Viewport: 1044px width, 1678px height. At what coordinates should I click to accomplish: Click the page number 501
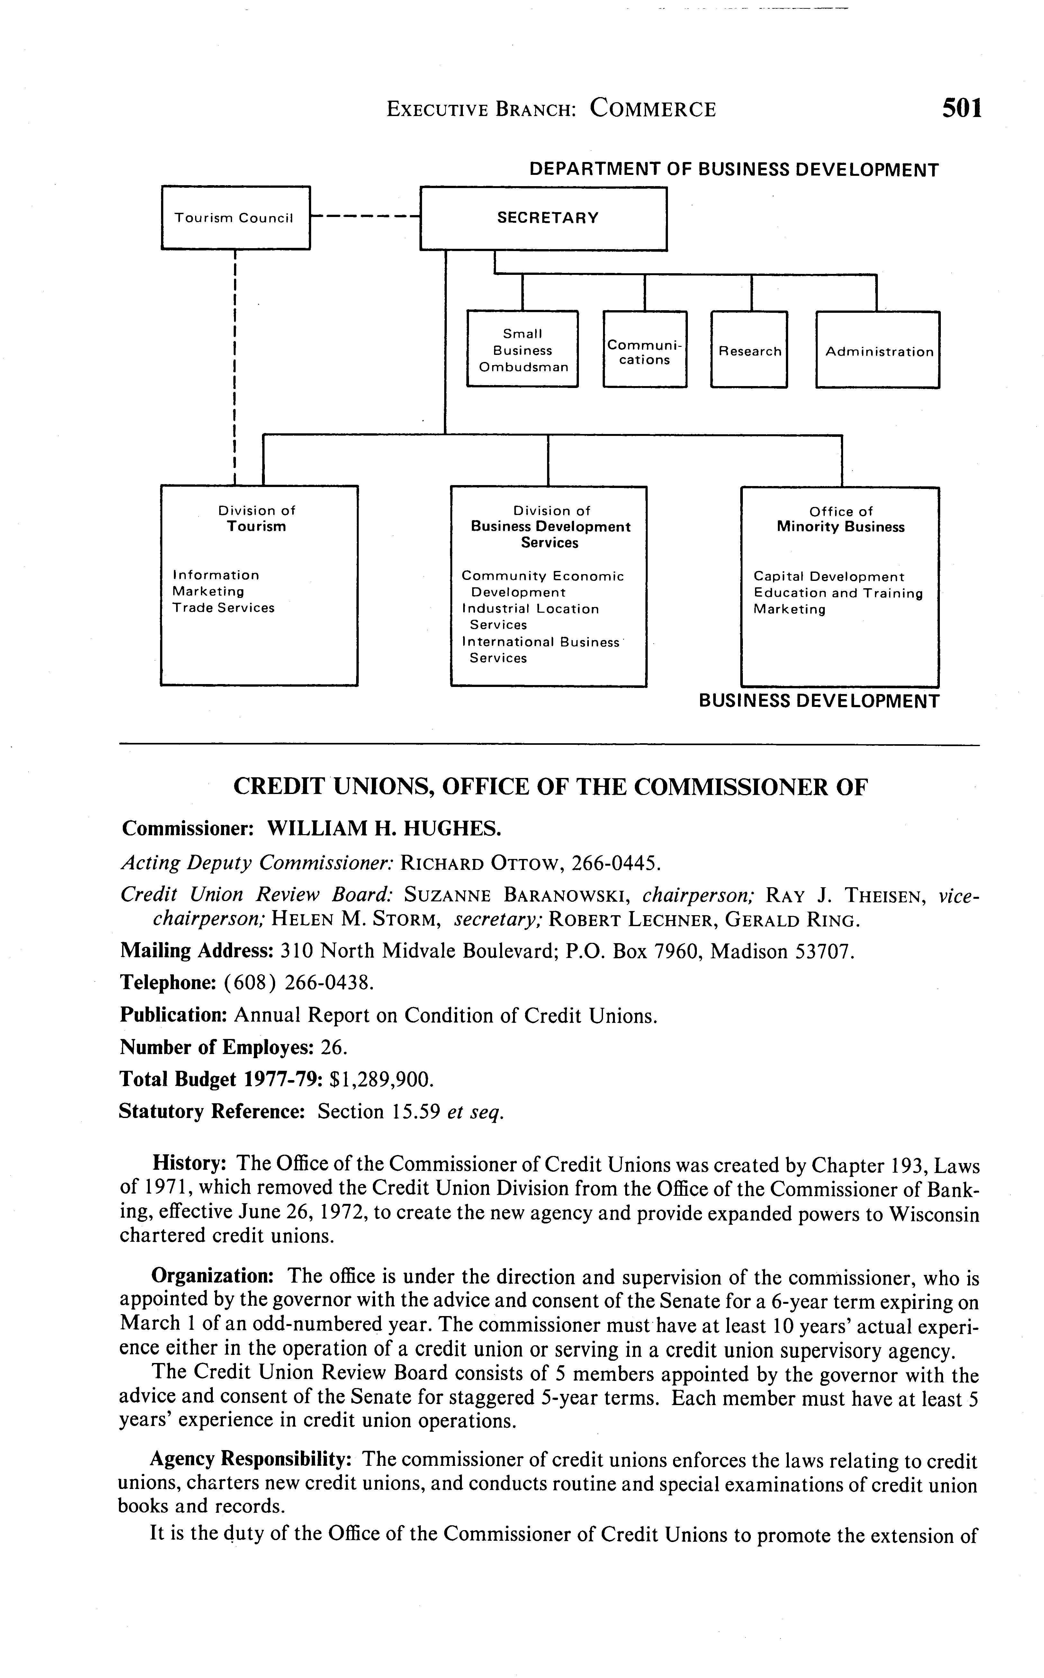pyautogui.click(x=961, y=108)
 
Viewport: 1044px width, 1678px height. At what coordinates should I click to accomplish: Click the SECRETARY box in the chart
pyautogui.click(x=544, y=218)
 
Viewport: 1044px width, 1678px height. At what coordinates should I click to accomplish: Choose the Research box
pyautogui.click(x=749, y=351)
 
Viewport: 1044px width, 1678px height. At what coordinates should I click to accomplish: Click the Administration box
pyautogui.click(x=878, y=351)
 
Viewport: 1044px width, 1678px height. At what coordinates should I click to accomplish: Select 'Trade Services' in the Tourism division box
pyautogui.click(x=223, y=608)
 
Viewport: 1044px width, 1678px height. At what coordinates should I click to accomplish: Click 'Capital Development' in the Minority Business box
pyautogui.click(x=828, y=577)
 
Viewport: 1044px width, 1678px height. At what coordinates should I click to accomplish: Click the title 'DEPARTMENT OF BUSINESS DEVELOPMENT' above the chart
pyautogui.click(x=733, y=170)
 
